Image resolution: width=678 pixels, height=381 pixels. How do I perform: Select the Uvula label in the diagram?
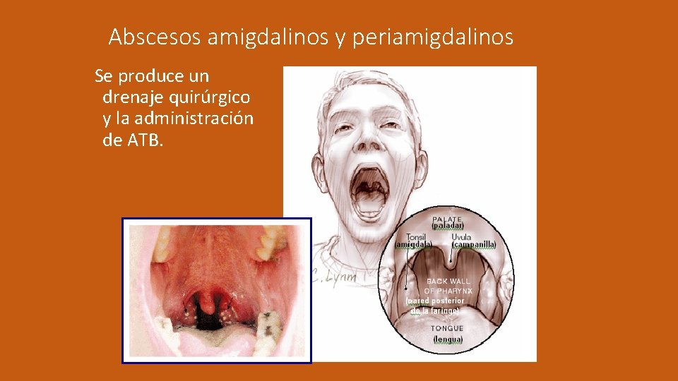pyautogui.click(x=462, y=237)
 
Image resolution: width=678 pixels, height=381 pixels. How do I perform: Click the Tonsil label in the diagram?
pyautogui.click(x=416, y=237)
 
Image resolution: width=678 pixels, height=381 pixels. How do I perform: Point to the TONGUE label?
pyautogui.click(x=448, y=328)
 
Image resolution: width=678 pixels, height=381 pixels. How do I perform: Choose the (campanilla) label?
pyautogui.click(x=474, y=245)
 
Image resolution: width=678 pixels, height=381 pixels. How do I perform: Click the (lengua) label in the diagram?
pyautogui.click(x=448, y=339)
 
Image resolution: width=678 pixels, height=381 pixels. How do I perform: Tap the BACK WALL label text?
pyautogui.click(x=448, y=281)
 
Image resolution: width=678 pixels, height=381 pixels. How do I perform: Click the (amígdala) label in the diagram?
pyautogui.click(x=414, y=245)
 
